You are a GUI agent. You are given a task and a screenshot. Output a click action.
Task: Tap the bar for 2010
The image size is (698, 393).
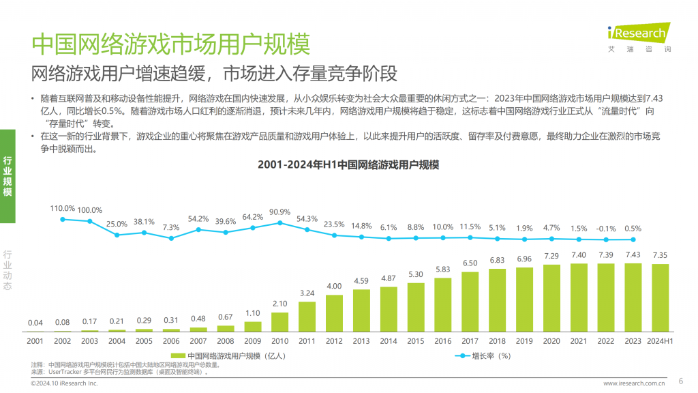pyautogui.click(x=280, y=321)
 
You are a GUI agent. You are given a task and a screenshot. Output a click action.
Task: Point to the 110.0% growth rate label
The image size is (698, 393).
pyautogui.click(x=62, y=208)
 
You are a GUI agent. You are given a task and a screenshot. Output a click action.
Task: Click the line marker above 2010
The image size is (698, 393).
pyautogui.click(x=280, y=223)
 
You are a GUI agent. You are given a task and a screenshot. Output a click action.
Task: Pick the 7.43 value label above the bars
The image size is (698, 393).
pyautogui.click(x=633, y=254)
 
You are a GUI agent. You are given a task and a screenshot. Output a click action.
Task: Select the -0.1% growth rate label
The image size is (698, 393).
pyautogui.click(x=606, y=229)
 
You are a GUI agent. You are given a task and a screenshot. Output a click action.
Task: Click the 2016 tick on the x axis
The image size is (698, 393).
pyautogui.click(x=443, y=341)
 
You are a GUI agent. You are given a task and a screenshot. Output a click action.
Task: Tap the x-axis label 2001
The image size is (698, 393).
pyautogui.click(x=35, y=341)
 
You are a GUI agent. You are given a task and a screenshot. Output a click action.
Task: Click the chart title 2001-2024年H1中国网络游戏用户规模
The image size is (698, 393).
pyautogui.click(x=348, y=165)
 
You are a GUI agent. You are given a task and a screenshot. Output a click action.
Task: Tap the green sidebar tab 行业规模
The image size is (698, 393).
pyautogui.click(x=7, y=176)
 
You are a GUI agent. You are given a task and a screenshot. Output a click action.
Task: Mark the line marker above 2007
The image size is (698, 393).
pyautogui.click(x=198, y=230)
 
